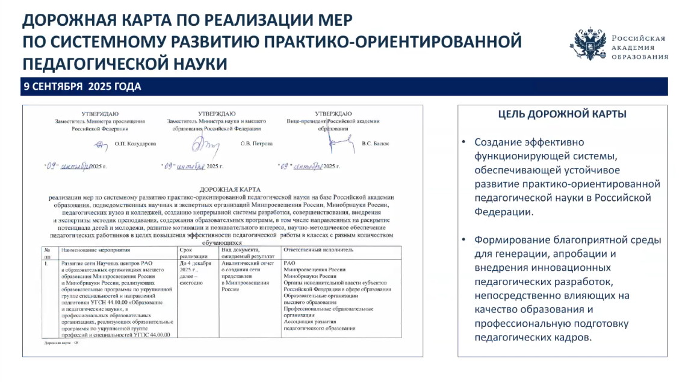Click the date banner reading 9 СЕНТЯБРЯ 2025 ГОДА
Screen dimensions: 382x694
click(82, 87)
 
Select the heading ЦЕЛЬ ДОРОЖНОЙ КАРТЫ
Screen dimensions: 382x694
click(562, 114)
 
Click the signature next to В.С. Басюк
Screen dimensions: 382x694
click(340, 143)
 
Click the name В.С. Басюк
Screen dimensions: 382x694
click(376, 144)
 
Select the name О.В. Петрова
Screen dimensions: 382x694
click(256, 144)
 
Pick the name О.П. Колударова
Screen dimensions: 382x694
click(135, 144)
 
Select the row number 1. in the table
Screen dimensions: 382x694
click(46, 263)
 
